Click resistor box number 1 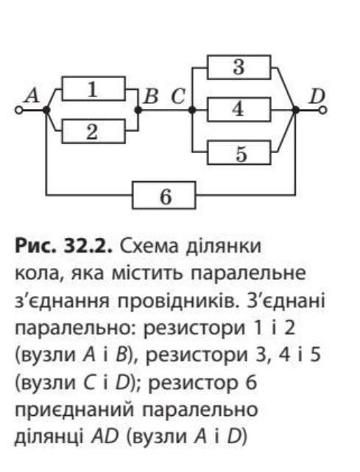[x=93, y=88]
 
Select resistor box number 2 [x=93, y=131]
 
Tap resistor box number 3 [x=239, y=67]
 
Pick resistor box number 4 [x=239, y=110]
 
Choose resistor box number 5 [x=239, y=152]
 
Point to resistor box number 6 [x=164, y=195]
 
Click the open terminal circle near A [x=18, y=110]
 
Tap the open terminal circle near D [x=323, y=110]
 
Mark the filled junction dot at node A [x=46, y=110]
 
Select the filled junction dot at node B [x=138, y=110]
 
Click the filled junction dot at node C [x=191, y=110]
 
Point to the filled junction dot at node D [x=296, y=110]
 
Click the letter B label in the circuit [x=151, y=96]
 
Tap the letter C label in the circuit [x=178, y=96]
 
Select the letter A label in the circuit [x=32, y=96]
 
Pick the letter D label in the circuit [x=317, y=96]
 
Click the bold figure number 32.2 [x=88, y=246]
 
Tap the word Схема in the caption [x=147, y=247]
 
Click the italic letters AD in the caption [x=105, y=437]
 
